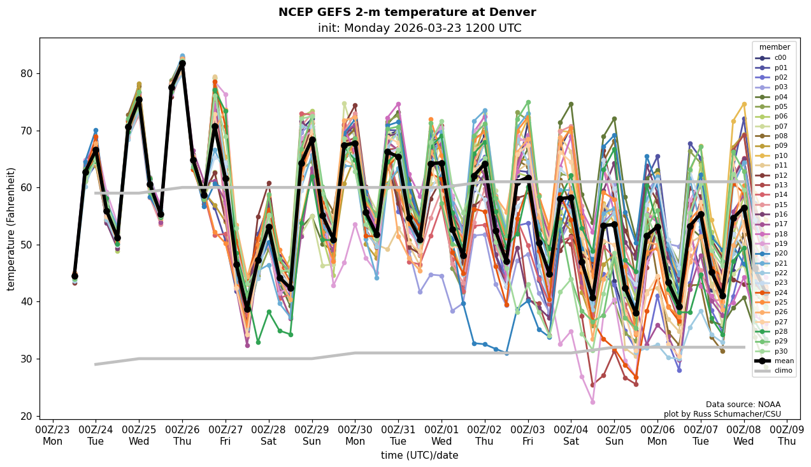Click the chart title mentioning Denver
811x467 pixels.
[x=407, y=12]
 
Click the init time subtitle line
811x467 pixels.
[x=419, y=28]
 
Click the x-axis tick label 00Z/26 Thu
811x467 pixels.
[x=182, y=435]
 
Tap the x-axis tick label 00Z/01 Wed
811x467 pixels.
[x=441, y=435]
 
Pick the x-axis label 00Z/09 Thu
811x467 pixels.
[x=787, y=435]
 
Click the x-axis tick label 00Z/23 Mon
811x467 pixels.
[x=53, y=435]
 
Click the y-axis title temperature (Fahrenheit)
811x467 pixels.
[x=11, y=229]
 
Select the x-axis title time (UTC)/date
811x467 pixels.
[x=419, y=456]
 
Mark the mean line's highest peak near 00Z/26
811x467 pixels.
[x=182, y=63]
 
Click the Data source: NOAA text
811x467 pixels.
[x=743, y=405]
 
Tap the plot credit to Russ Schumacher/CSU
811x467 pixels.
[x=722, y=414]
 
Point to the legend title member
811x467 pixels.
[x=774, y=47]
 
